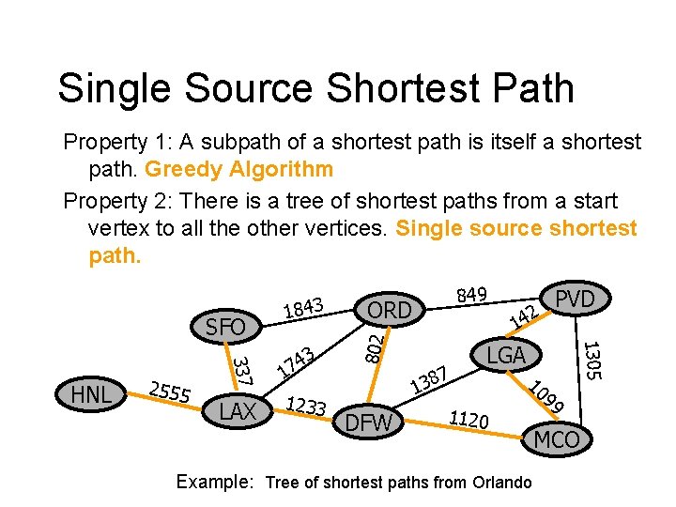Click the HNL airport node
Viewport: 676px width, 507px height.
tap(91, 395)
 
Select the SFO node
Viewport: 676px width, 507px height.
tap(225, 327)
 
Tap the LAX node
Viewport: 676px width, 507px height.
tap(238, 410)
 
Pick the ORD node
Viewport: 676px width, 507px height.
tap(389, 310)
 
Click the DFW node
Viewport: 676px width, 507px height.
tap(369, 423)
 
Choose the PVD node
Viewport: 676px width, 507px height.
tap(575, 299)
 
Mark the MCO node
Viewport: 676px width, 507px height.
tap(557, 438)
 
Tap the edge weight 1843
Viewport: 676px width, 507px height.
tap(302, 307)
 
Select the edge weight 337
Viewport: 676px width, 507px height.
tap(240, 369)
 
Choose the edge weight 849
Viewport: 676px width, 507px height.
tap(470, 295)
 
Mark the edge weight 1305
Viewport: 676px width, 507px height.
tap(591, 360)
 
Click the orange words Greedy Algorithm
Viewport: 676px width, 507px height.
tap(238, 170)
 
